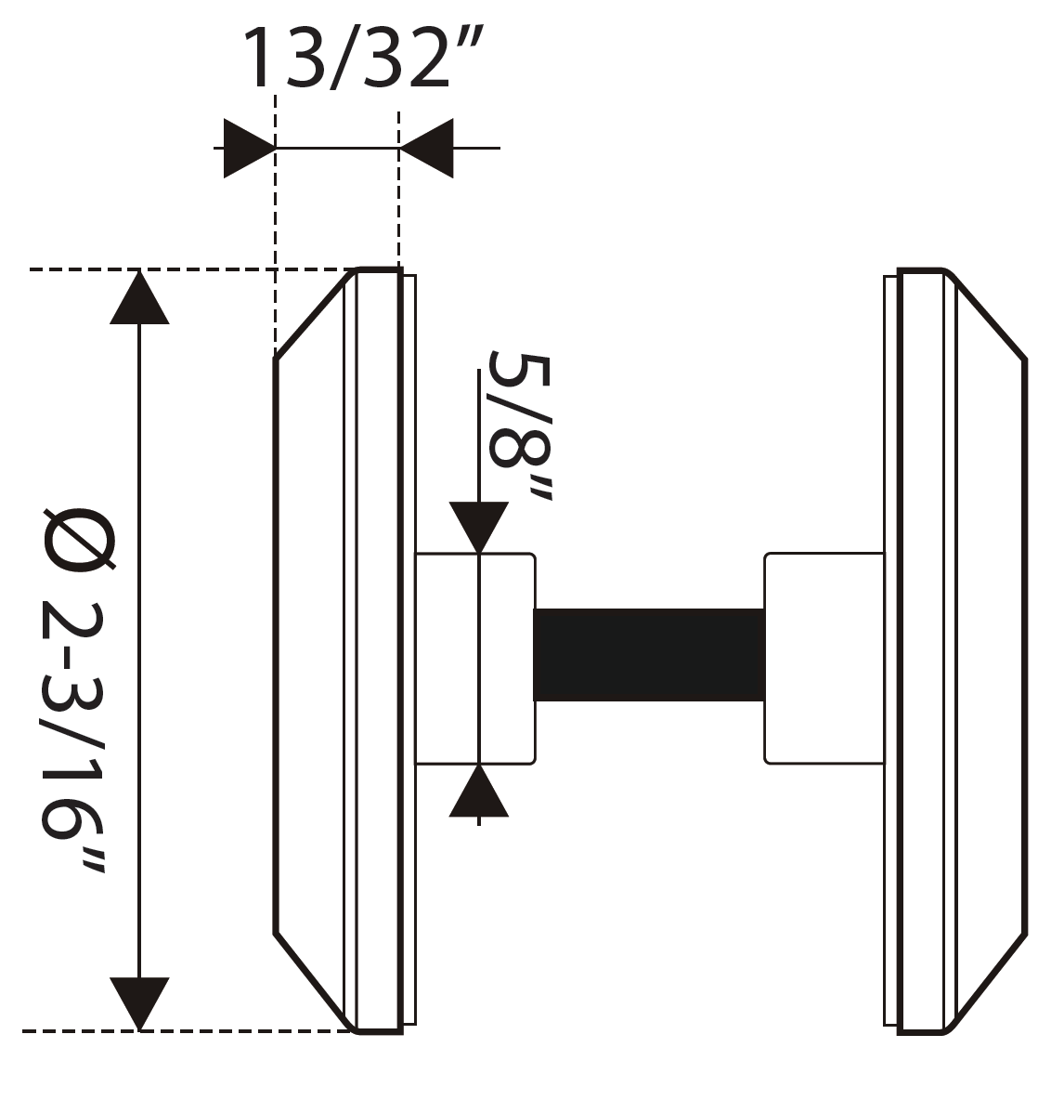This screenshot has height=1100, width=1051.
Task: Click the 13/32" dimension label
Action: (363, 59)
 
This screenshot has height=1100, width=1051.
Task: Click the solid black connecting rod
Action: (649, 655)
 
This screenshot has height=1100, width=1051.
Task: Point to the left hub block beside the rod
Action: (474, 659)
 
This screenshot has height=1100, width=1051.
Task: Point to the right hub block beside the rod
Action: (824, 659)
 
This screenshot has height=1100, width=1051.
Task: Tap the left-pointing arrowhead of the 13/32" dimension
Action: (426, 148)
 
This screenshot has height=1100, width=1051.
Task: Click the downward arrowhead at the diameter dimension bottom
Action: (139, 1002)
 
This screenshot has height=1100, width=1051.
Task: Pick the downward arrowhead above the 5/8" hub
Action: (478, 527)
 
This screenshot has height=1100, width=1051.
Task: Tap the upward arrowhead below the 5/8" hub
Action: (478, 793)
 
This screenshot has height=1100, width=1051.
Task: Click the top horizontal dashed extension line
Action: (186, 269)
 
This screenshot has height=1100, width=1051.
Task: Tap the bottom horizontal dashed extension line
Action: (186, 1030)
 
